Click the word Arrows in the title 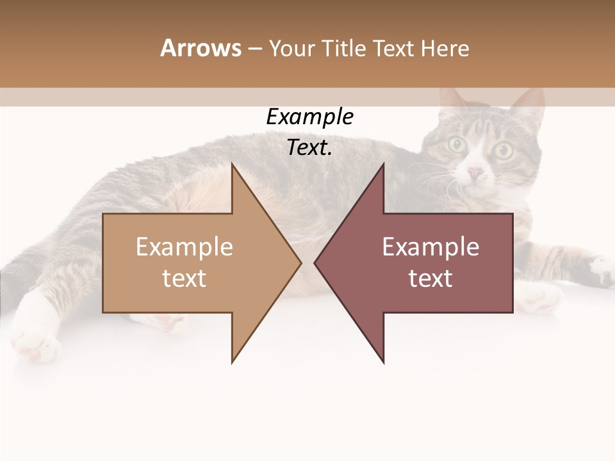click(201, 48)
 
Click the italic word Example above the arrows click(310, 117)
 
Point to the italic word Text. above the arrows click(310, 147)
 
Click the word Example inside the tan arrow click(184, 247)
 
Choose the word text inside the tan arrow click(184, 279)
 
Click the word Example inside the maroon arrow click(430, 247)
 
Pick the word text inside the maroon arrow click(430, 279)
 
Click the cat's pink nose click(475, 173)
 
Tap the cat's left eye click(457, 145)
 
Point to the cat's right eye click(503, 150)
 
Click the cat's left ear click(452, 99)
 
